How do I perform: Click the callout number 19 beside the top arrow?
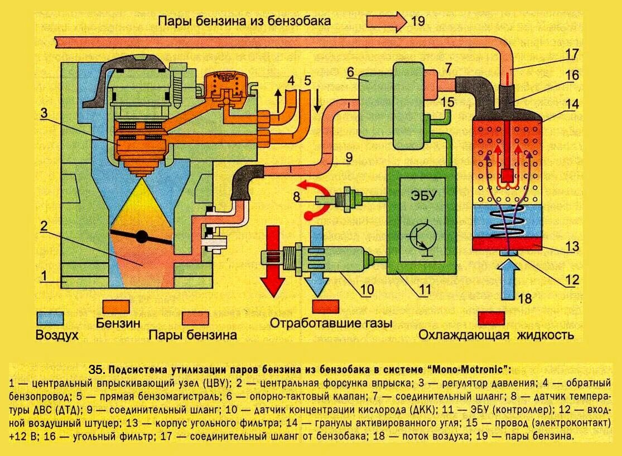(417, 22)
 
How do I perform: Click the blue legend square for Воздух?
(50, 318)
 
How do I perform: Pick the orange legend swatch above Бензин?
(117, 306)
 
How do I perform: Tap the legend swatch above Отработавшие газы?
(326, 306)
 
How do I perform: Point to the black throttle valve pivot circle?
(142, 237)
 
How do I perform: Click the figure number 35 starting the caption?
(97, 369)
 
